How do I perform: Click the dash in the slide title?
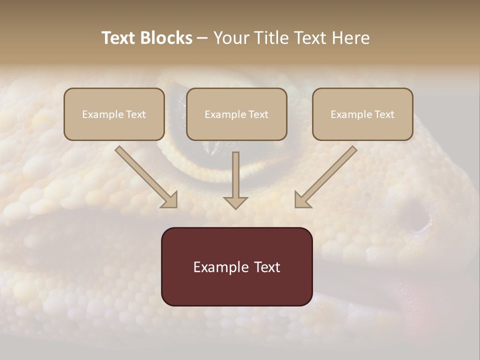pos(202,38)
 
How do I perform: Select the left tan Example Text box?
pos(114,114)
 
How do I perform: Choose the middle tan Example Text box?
pos(236,114)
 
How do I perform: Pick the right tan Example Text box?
pos(362,114)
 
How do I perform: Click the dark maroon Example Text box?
pos(236,266)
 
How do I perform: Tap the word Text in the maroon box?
pos(266,267)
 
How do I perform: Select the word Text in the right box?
pos(384,114)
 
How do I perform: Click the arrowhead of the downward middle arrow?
pos(235,202)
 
